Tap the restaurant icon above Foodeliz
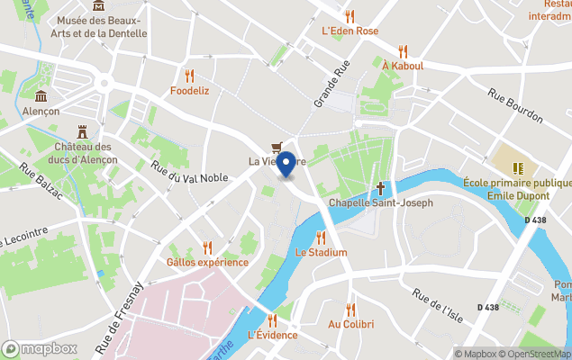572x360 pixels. pyautogui.click(x=189, y=76)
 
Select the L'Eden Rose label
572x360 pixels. pyautogui.click(x=350, y=31)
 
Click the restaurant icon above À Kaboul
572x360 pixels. pyautogui.click(x=403, y=51)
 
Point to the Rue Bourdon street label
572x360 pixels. pyautogui.click(x=515, y=104)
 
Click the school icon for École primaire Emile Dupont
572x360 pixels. pyautogui.click(x=518, y=167)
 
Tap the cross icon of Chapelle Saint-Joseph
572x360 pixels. pyautogui.click(x=381, y=188)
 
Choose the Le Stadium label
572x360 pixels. pyautogui.click(x=321, y=252)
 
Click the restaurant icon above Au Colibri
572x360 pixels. pyautogui.click(x=350, y=310)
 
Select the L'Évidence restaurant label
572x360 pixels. pyautogui.click(x=272, y=335)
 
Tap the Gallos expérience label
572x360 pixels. pyautogui.click(x=207, y=262)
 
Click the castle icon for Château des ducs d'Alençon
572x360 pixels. pyautogui.click(x=82, y=131)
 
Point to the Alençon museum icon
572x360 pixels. pyautogui.click(x=41, y=96)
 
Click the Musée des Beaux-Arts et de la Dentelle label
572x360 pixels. pyautogui.click(x=101, y=27)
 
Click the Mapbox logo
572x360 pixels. pyautogui.click(x=39, y=348)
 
